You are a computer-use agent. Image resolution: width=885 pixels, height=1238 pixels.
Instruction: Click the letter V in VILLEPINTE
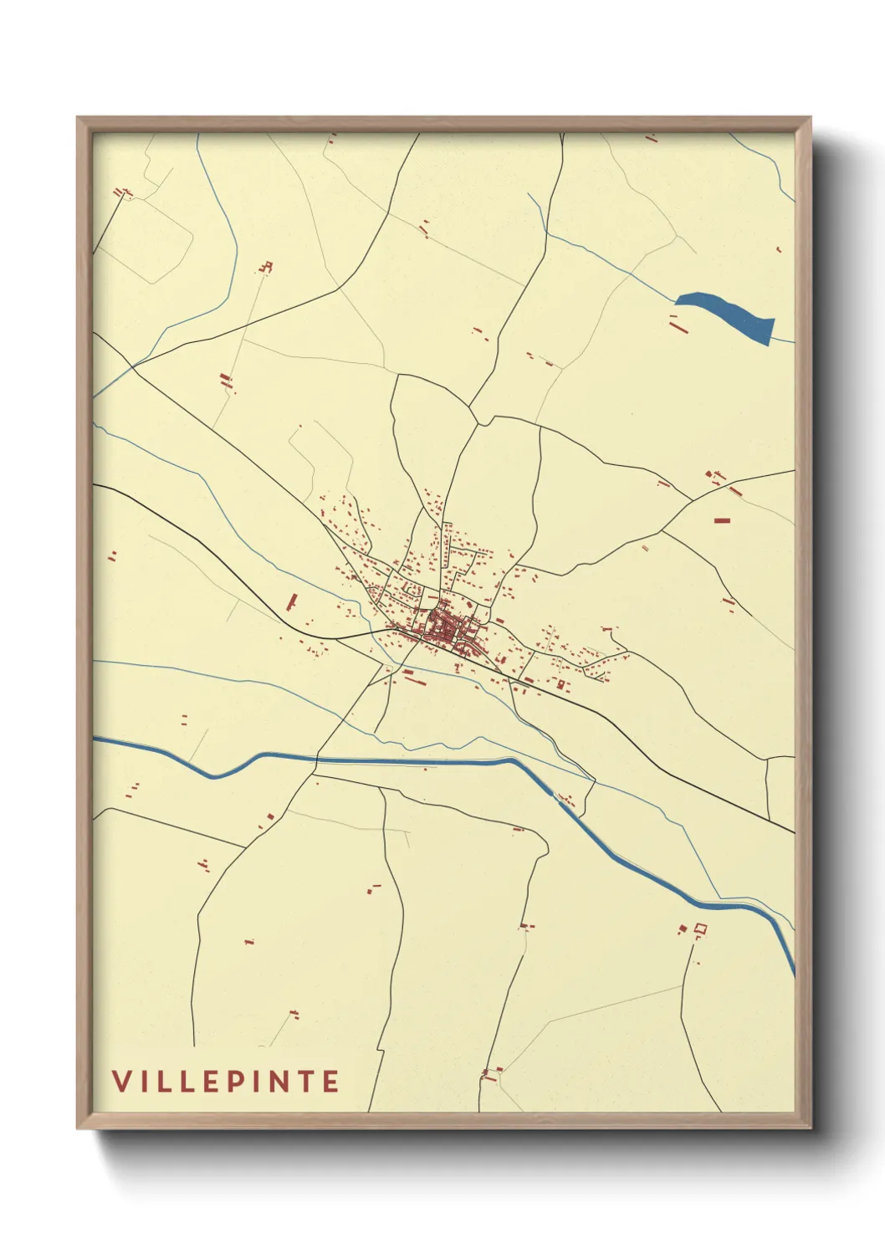tap(121, 1082)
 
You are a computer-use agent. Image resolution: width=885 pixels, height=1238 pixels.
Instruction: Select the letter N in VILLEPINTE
tap(280, 1082)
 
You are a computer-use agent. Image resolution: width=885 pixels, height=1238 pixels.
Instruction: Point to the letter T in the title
tap(306, 1082)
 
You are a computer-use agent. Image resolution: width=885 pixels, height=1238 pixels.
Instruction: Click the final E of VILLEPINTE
tap(330, 1082)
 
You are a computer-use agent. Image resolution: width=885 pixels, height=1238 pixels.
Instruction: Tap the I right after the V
tap(142, 1082)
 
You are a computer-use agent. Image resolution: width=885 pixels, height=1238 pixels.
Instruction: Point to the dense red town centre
tap(443, 627)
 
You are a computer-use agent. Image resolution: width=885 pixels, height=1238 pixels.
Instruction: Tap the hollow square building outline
tap(700, 928)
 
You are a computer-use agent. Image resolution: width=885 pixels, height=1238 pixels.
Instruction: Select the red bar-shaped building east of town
tap(722, 520)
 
